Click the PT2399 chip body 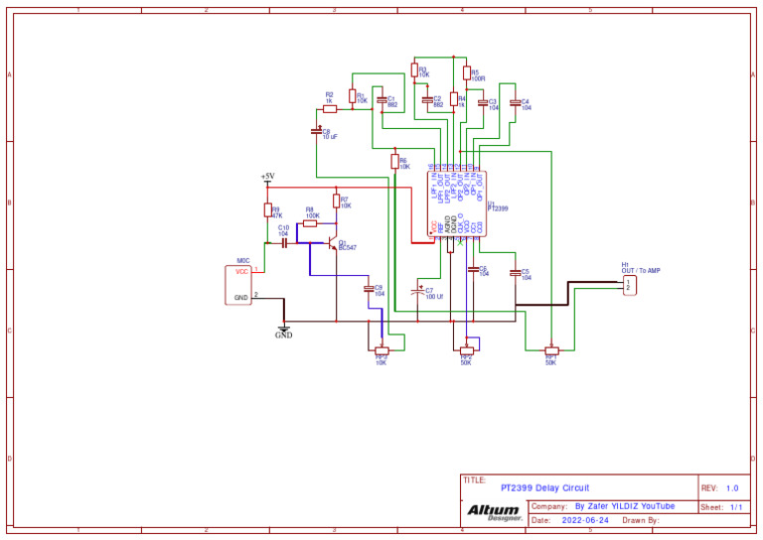(456, 203)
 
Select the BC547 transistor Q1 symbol (332, 242)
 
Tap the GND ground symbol (284, 331)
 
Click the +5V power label (267, 177)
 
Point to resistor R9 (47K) (267, 209)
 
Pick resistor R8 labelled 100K (310, 224)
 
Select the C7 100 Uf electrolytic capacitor (417, 292)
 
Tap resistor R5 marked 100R (465, 72)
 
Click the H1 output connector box (629, 285)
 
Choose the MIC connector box (238, 284)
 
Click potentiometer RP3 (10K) (381, 349)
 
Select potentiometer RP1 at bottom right (551, 349)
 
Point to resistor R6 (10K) (394, 162)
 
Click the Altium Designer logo (494, 512)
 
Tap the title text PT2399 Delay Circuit (544, 487)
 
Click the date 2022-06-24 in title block (585, 520)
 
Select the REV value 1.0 (732, 487)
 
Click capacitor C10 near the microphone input (284, 242)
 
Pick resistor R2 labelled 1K (330, 107)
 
